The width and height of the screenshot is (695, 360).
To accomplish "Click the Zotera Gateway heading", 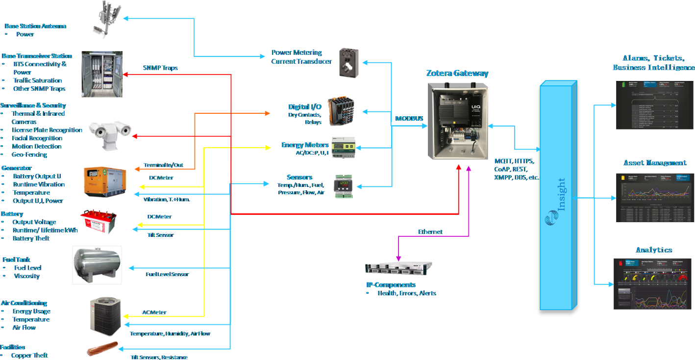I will pyautogui.click(x=457, y=74).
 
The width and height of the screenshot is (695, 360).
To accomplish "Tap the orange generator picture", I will pyautogui.click(x=104, y=181).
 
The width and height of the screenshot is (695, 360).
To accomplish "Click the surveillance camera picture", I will pyautogui.click(x=110, y=131).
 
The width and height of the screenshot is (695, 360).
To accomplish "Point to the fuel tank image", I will pyautogui.click(x=97, y=265).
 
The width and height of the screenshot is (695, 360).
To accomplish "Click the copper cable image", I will pyautogui.click(x=103, y=349).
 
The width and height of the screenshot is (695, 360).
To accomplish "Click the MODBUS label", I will pyautogui.click(x=409, y=118).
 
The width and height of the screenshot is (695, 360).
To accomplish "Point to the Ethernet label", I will pyautogui.click(x=430, y=232).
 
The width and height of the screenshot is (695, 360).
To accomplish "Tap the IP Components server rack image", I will pyautogui.click(x=399, y=268).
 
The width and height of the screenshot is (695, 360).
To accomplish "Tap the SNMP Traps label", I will pyautogui.click(x=160, y=68).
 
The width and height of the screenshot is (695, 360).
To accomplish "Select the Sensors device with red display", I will pyautogui.click(x=345, y=187).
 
